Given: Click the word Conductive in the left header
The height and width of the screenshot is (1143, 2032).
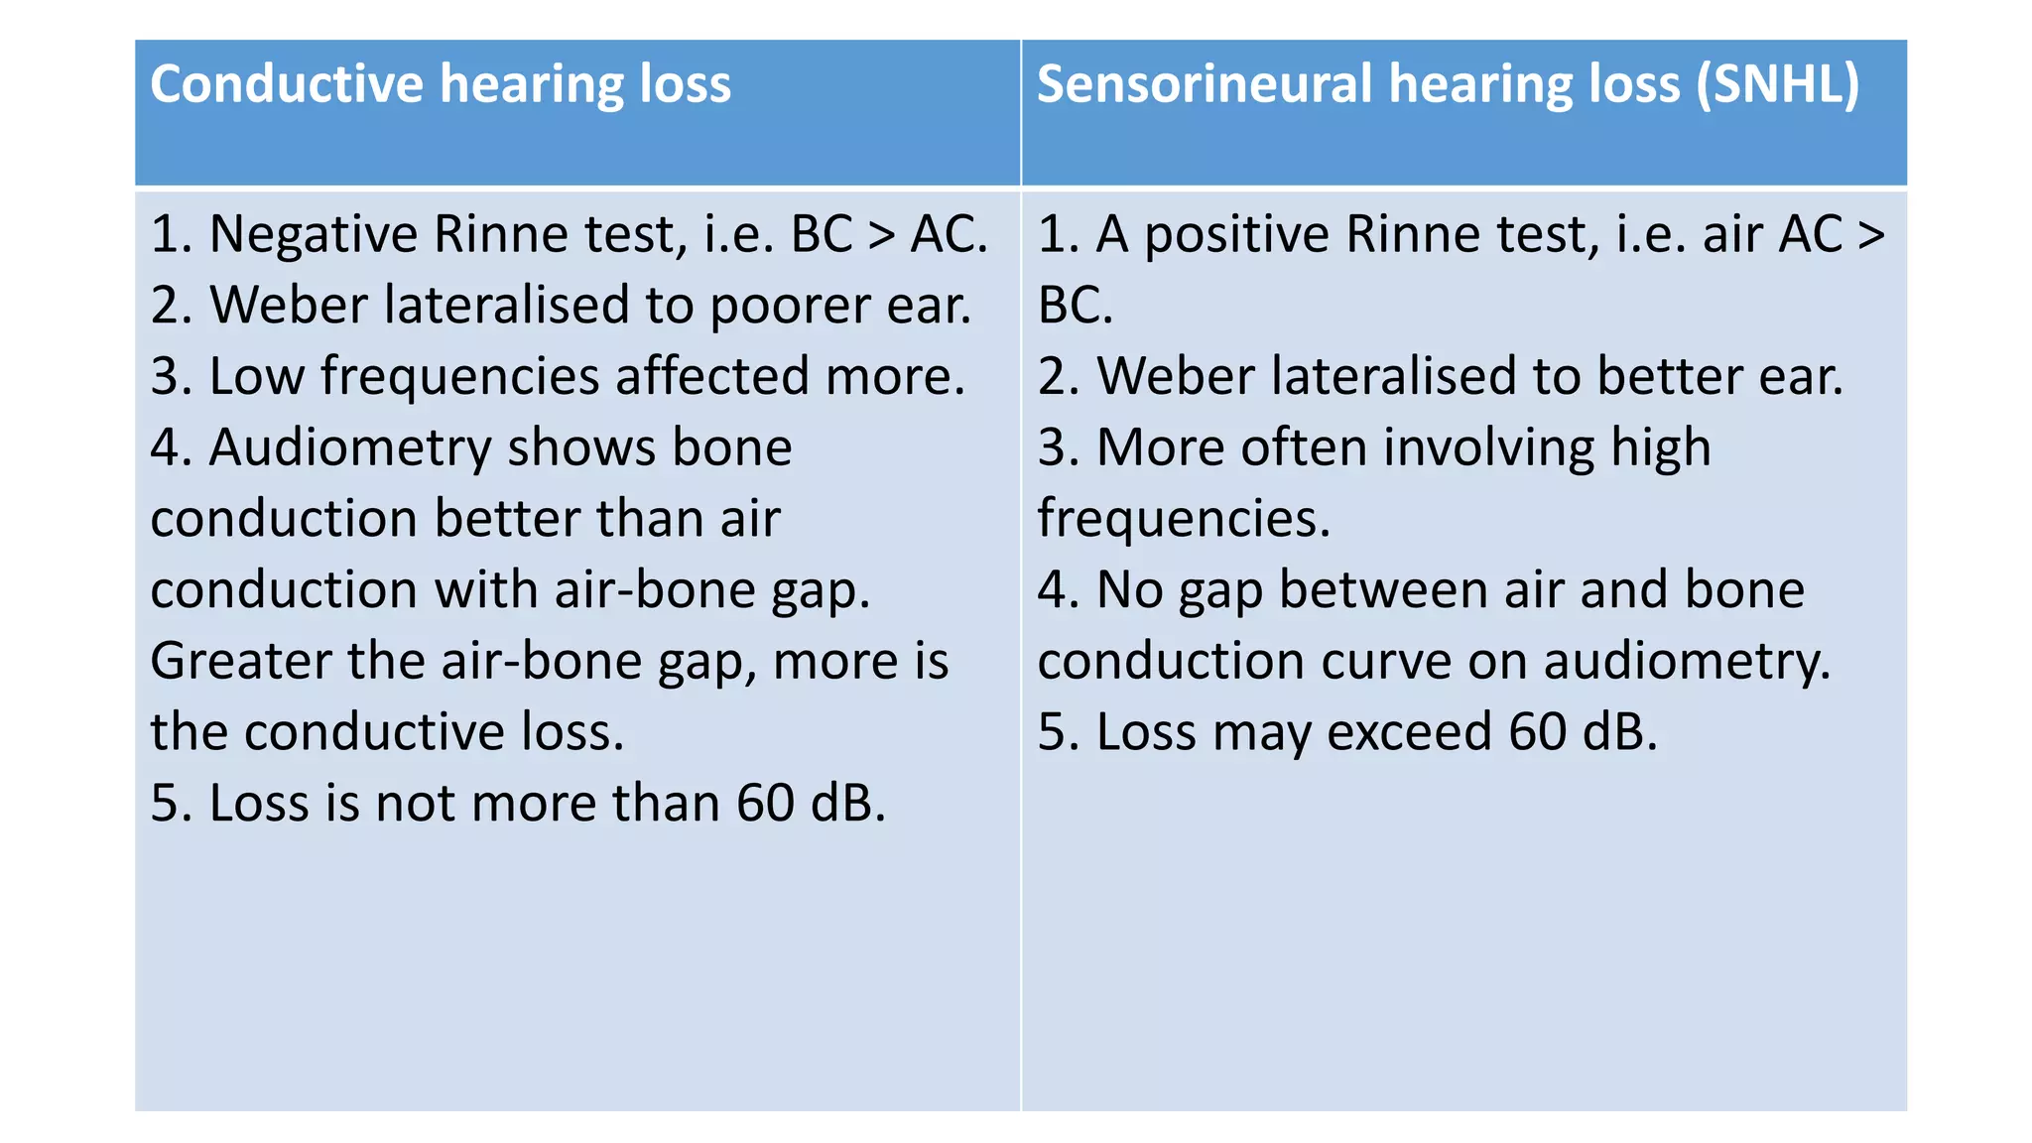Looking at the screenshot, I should [287, 83].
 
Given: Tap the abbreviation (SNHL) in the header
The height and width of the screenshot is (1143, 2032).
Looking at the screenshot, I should [1777, 83].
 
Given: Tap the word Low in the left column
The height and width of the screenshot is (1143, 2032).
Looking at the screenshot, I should [256, 377].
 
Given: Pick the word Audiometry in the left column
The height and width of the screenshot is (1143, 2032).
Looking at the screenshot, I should [350, 448].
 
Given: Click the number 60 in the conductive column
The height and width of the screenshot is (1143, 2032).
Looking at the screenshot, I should [765, 803].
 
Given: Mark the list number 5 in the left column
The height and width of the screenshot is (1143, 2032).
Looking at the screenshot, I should [165, 803].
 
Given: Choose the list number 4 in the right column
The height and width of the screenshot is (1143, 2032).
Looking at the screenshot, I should [1053, 590].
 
